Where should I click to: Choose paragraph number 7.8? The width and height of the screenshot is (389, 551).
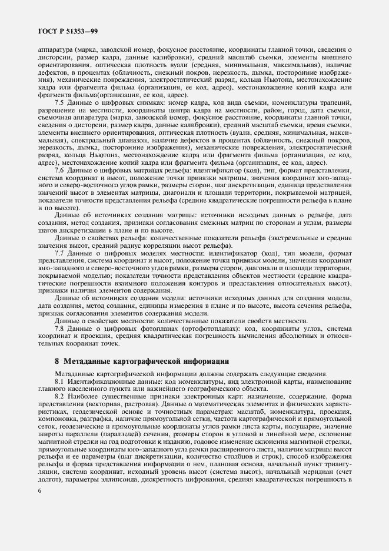[x=61, y=328]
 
